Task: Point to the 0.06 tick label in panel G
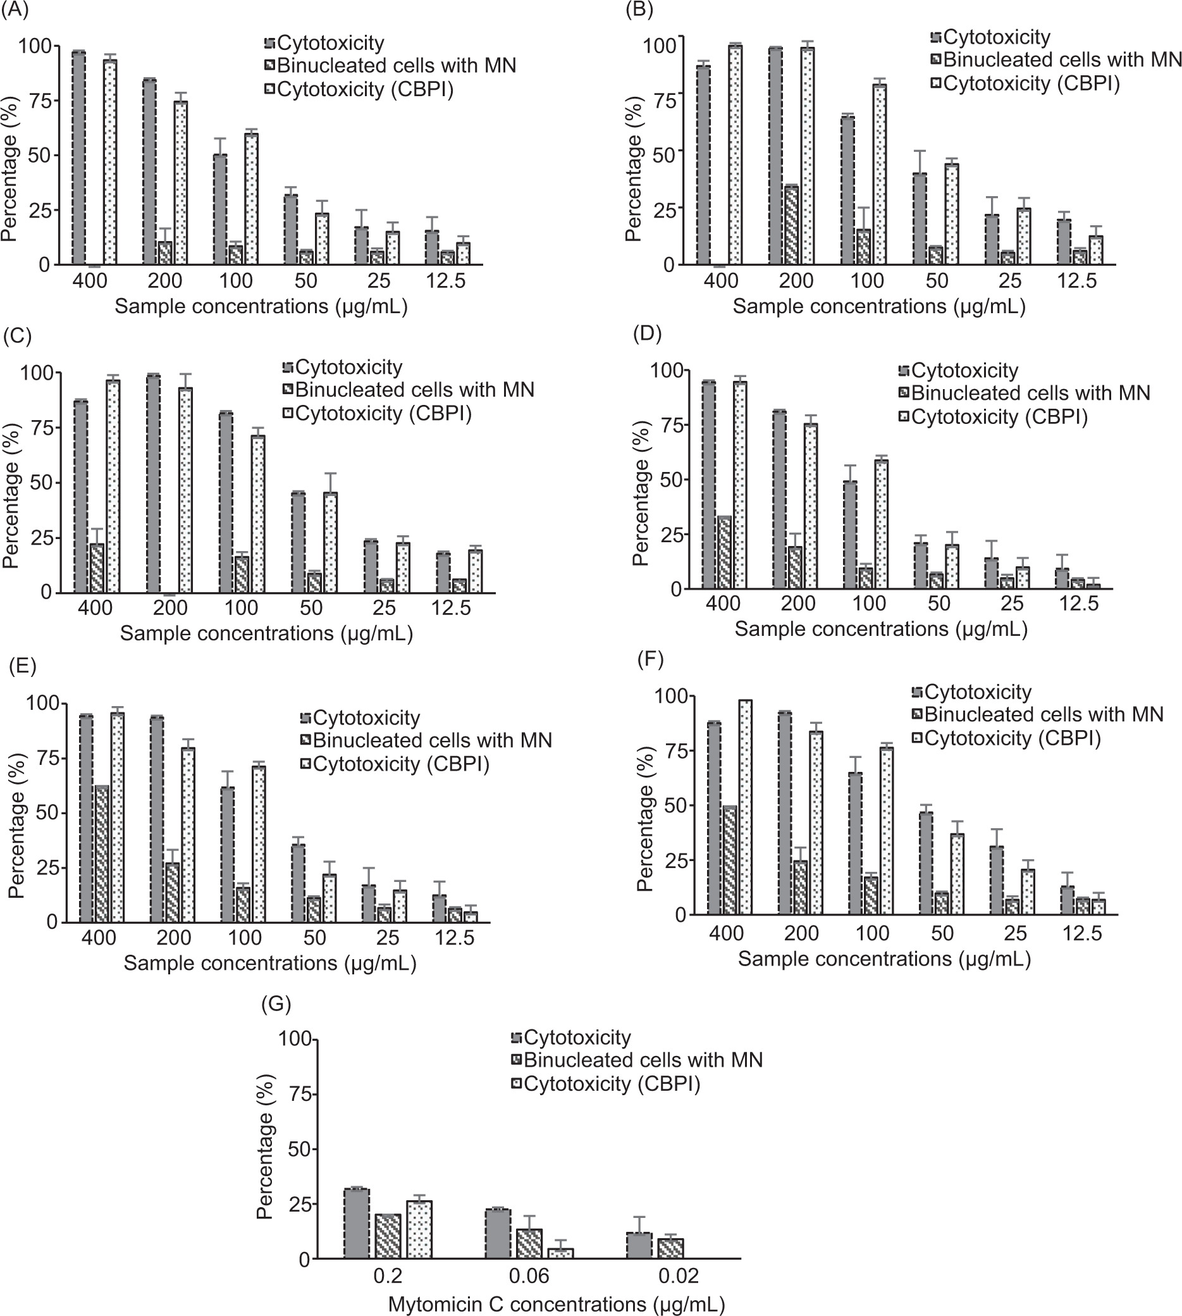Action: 529,1276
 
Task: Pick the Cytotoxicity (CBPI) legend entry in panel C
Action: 377,413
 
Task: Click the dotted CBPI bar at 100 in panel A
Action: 250,199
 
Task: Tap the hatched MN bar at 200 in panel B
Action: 791,225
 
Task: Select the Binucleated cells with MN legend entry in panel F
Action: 1038,714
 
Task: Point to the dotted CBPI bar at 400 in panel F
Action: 745,807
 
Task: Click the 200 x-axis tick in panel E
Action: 174,937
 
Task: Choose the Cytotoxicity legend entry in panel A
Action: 324,43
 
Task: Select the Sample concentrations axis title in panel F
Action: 884,959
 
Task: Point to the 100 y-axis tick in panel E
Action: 44,704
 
